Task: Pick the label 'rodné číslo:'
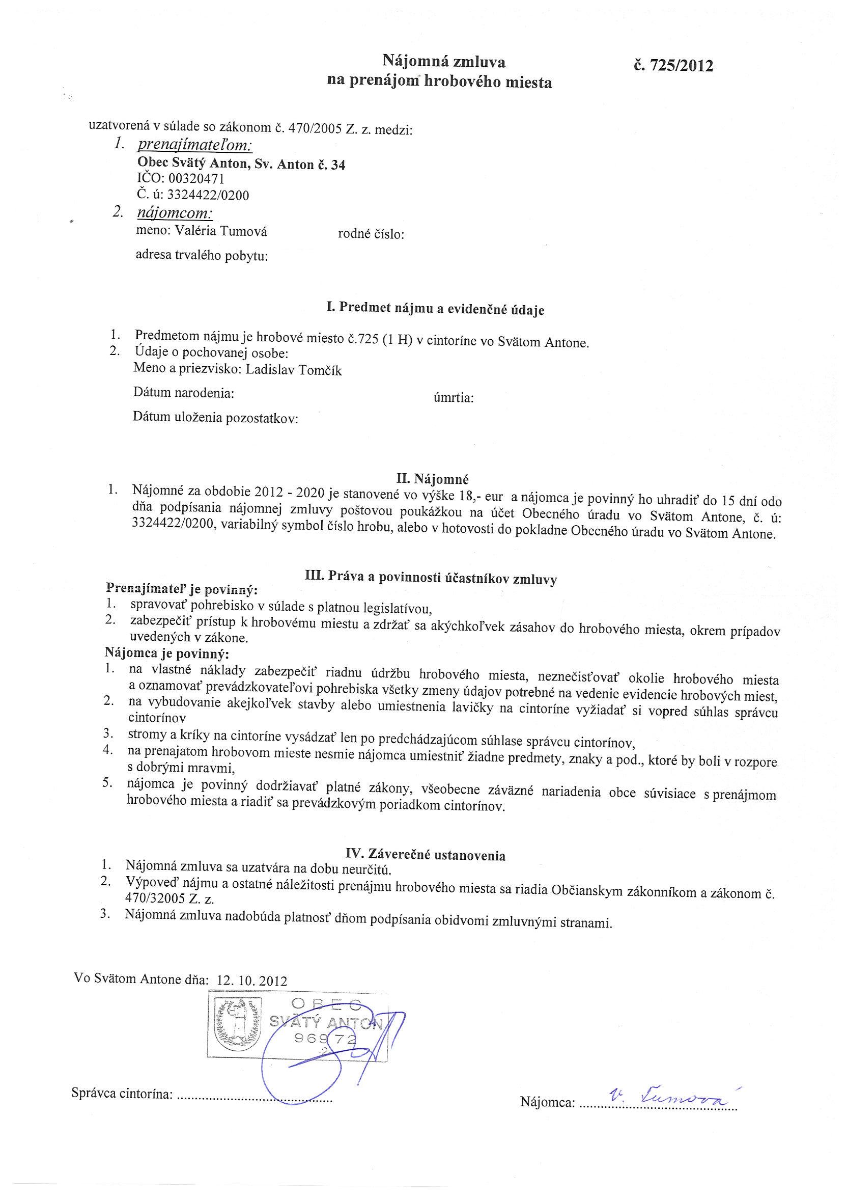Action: pos(372,234)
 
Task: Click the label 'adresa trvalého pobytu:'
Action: pos(202,256)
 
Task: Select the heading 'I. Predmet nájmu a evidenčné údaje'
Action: pos(435,309)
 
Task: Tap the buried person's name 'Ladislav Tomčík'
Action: pos(294,370)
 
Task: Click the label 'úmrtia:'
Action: pos(453,398)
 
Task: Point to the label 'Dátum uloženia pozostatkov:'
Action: pos(215,418)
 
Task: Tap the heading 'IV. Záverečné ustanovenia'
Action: pos(426,855)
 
